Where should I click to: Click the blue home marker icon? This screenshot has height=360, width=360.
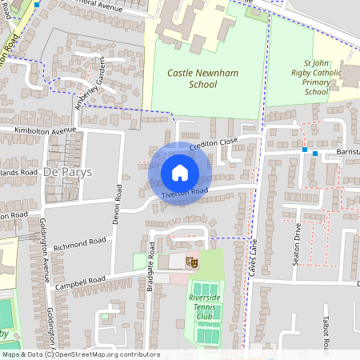coord(180,173)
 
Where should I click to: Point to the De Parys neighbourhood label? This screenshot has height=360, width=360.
coord(68,172)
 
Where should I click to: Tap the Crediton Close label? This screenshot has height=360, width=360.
coord(214,142)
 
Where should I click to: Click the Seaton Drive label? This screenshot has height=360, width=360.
coord(297,240)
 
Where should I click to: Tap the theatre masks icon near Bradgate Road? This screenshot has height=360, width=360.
coord(191,261)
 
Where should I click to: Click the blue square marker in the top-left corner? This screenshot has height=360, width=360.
coord(37,4)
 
